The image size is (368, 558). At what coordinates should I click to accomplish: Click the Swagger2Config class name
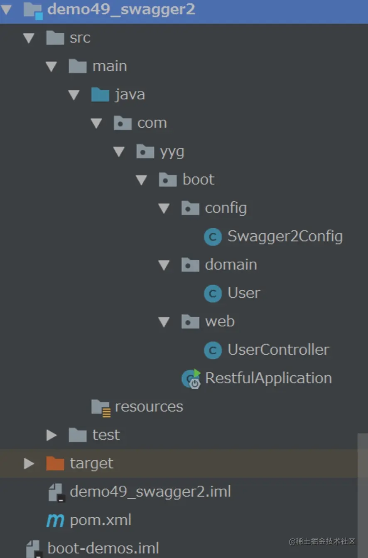coord(285,237)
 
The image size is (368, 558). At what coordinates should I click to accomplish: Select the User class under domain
coord(244,293)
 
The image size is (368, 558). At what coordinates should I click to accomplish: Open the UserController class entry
coord(278,350)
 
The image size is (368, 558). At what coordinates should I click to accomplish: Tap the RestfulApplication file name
coord(268,378)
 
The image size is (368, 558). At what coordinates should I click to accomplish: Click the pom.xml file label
coord(101,520)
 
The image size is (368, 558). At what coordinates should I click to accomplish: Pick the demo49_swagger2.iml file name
coord(150,492)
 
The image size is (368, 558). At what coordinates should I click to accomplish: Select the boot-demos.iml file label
coord(103,548)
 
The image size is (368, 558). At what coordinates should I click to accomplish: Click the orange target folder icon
coord(55,463)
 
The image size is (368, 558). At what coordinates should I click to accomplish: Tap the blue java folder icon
coord(100,95)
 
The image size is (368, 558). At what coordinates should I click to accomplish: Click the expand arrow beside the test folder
coord(52,435)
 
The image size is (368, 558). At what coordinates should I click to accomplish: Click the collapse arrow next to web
coord(164,322)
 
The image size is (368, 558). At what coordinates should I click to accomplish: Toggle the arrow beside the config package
coord(164,208)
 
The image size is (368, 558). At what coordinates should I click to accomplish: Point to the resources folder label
coord(149,407)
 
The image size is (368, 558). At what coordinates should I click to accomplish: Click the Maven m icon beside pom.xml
coord(55,520)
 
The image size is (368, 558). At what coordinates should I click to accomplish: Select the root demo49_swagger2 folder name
coord(121,9)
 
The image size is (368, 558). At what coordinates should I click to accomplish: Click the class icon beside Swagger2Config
coord(213,237)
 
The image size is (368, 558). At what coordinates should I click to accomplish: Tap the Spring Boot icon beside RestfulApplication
coord(191,379)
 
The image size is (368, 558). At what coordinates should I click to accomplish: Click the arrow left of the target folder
coord(29,463)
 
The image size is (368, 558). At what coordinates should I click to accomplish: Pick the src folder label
coord(80,38)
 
